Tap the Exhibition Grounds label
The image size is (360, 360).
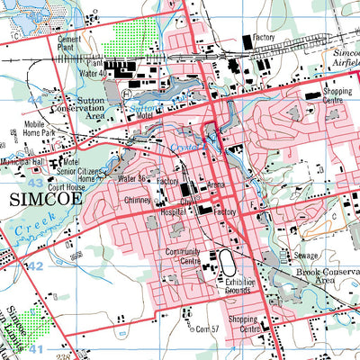point(238,287)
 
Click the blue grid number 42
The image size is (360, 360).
point(34,267)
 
